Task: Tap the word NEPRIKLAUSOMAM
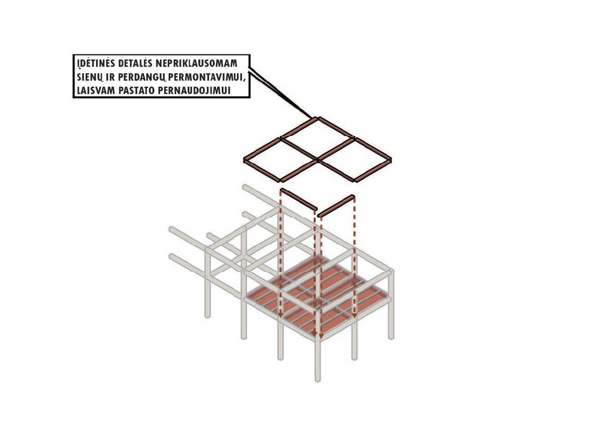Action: (x=196, y=63)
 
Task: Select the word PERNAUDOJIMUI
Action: (x=194, y=90)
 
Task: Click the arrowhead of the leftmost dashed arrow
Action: (x=280, y=315)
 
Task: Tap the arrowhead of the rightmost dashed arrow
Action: (x=354, y=315)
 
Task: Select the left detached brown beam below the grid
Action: (x=299, y=200)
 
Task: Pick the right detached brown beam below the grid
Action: (x=336, y=206)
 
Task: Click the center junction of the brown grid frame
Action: (x=317, y=160)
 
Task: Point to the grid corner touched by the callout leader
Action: (x=317, y=118)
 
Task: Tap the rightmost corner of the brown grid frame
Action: (x=390, y=160)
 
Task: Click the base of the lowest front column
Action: (x=317, y=380)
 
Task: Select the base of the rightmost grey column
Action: (x=391, y=337)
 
